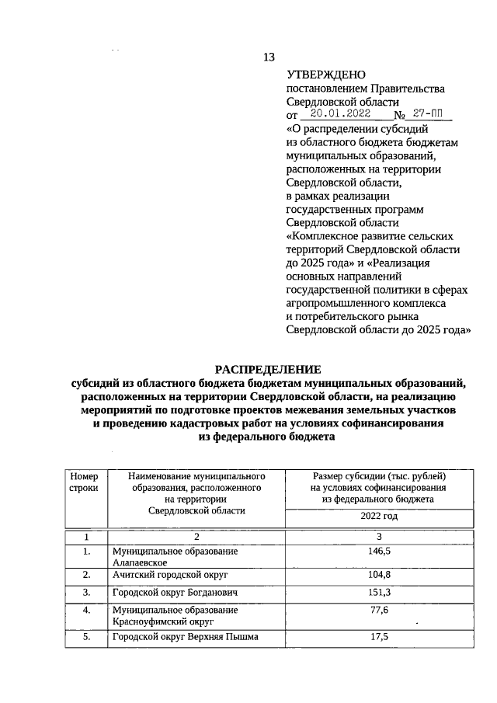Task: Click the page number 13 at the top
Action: pos(269,57)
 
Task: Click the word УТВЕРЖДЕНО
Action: pos(325,75)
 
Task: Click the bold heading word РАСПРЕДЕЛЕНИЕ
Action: pos(267,368)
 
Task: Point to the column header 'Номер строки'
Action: pos(84,482)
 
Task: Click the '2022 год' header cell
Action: pos(378,516)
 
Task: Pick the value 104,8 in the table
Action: pos(378,576)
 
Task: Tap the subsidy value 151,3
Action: pos(378,593)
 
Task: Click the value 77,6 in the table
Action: pos(378,610)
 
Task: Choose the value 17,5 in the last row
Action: pos(378,636)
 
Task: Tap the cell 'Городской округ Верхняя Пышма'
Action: pos(185,636)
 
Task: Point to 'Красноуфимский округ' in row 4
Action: pos(162,621)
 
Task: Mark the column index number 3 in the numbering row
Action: pos(378,537)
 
